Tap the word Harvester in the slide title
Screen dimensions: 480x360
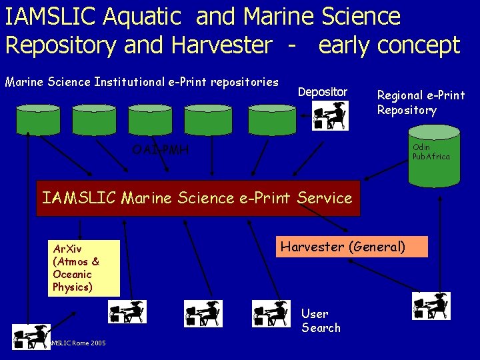pyautogui.click(x=221, y=45)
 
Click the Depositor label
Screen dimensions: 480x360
pyautogui.click(x=322, y=91)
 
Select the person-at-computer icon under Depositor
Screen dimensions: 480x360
pyautogui.click(x=330, y=115)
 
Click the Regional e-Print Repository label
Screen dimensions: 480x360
pyautogui.click(x=421, y=103)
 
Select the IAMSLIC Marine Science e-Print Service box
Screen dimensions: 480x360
pyautogui.click(x=197, y=198)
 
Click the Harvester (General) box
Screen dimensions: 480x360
pyautogui.click(x=343, y=247)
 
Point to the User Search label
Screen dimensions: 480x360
pyautogui.click(x=321, y=321)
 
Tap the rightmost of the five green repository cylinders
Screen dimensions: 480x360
pyautogui.click(x=271, y=119)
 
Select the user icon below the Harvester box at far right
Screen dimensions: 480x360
pyautogui.click(x=432, y=306)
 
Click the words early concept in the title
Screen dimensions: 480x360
pyautogui.click(x=389, y=45)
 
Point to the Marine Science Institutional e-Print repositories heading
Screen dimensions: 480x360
pyautogui.click(x=141, y=82)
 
